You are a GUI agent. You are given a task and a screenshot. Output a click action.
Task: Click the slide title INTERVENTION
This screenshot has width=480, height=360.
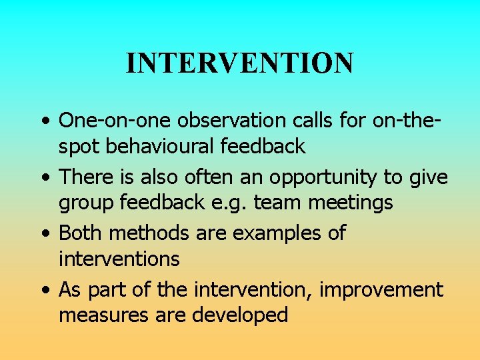(x=239, y=63)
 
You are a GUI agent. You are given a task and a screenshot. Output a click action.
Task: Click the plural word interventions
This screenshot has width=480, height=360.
(x=119, y=258)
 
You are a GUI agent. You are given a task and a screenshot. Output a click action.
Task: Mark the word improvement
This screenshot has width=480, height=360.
(x=381, y=290)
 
